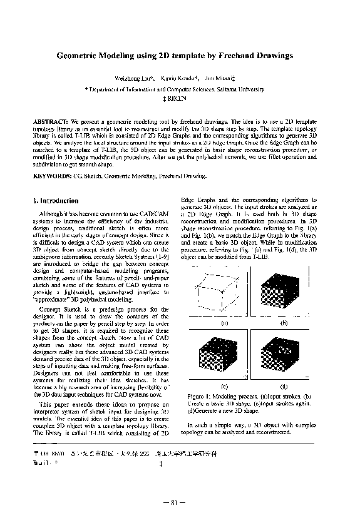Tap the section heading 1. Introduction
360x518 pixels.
(x=56, y=201)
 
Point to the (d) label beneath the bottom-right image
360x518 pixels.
(x=284, y=386)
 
